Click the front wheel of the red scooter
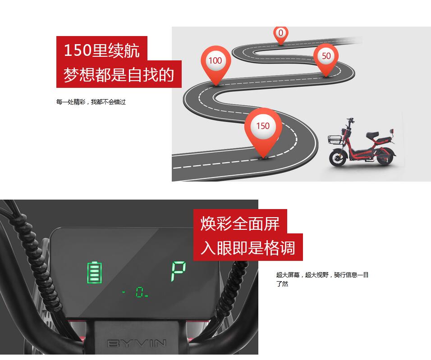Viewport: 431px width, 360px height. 338,157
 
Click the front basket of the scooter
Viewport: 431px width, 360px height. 335,139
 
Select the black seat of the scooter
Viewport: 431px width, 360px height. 372,135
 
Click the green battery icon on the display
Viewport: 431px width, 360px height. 95,272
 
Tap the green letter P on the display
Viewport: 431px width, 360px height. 179,271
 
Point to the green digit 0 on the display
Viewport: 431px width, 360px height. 140,292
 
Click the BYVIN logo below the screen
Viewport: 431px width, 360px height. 137,343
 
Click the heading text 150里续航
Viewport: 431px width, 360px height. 102,50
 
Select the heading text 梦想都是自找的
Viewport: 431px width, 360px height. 119,74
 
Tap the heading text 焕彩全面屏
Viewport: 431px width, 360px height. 240,223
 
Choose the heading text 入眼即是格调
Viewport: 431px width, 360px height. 248,248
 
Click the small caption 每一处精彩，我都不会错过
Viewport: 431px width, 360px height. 91,102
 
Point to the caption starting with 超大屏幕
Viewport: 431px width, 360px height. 322,279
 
